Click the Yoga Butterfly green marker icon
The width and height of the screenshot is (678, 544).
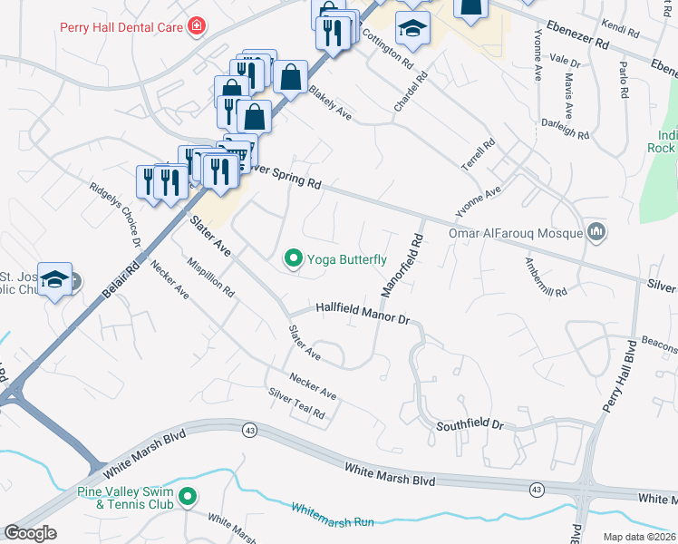[294, 259]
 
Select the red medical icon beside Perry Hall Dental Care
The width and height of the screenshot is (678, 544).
[196, 27]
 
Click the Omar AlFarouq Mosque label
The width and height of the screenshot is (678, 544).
[515, 233]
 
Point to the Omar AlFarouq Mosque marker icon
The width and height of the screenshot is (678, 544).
[596, 233]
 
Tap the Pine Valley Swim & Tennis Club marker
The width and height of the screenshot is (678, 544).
[188, 497]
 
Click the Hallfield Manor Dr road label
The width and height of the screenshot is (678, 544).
[363, 315]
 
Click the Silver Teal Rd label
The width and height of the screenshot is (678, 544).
[295, 403]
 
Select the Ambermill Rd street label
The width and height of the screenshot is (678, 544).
[545, 277]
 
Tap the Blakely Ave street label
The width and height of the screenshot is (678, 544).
[329, 103]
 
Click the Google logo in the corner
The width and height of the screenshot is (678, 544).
[31, 533]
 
